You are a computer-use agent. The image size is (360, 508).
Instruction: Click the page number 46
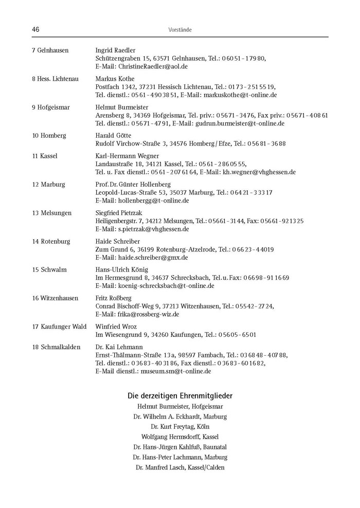(x=36, y=30)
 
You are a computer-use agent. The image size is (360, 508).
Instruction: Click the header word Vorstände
(x=180, y=30)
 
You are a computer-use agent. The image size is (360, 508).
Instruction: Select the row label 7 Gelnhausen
(x=50, y=50)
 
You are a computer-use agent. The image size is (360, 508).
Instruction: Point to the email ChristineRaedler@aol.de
(x=153, y=67)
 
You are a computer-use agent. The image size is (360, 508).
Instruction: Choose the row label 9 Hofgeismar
(x=50, y=107)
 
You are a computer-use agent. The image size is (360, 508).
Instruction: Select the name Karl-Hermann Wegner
(x=127, y=156)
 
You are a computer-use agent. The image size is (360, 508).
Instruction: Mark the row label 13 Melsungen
(x=51, y=213)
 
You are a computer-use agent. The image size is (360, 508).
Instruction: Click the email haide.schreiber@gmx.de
(x=153, y=258)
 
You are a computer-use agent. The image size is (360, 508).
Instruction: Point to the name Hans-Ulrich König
(x=121, y=269)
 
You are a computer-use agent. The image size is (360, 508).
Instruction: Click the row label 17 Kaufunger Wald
(x=59, y=326)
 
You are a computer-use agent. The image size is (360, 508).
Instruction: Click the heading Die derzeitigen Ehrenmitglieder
(x=180, y=396)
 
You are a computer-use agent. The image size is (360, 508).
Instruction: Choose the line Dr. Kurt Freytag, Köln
(x=180, y=426)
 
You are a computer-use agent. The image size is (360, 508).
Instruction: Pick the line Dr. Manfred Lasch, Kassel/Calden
(x=180, y=467)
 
